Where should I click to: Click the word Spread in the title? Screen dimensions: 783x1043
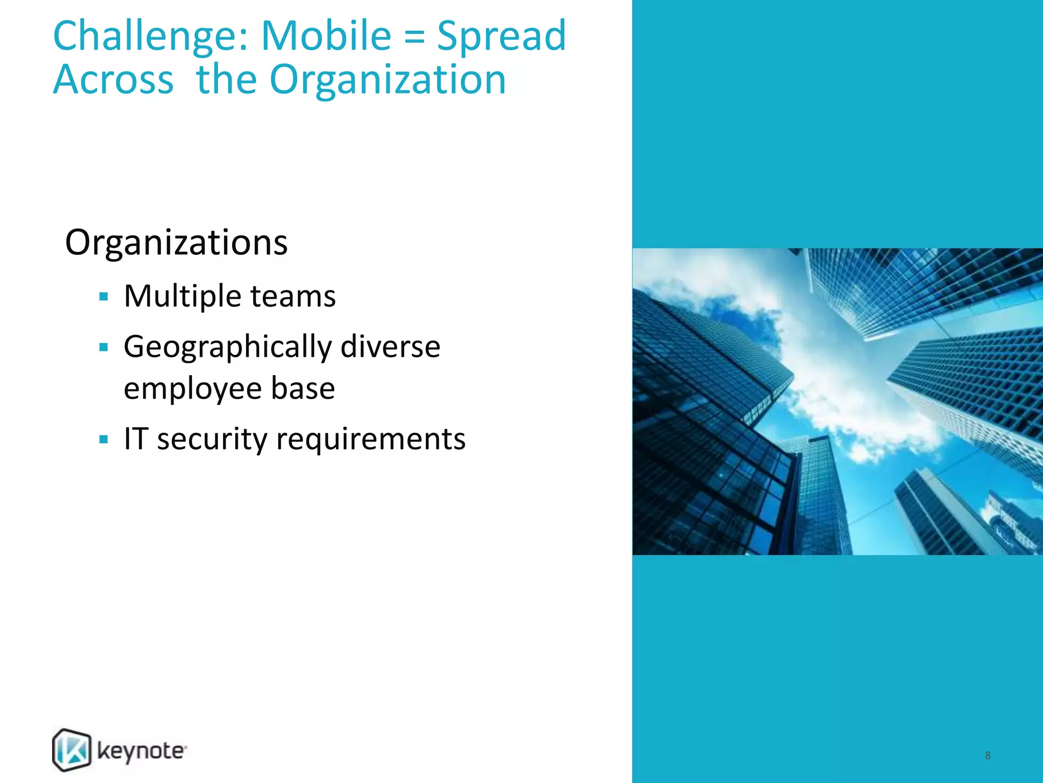501,37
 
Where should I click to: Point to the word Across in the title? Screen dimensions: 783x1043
114,80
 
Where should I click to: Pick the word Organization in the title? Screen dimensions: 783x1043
388,81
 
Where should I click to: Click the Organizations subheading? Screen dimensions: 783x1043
176,243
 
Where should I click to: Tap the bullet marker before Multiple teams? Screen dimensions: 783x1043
104,296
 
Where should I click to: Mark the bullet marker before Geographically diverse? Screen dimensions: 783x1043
104,348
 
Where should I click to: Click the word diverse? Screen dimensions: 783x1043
390,347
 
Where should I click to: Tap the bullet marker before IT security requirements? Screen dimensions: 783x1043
104,439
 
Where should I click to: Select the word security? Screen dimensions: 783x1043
212,439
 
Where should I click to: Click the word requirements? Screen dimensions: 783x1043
371,439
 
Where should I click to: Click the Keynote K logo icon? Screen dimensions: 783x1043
72,750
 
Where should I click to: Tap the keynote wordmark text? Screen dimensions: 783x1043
142,752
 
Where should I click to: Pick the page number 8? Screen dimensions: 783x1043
987,755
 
